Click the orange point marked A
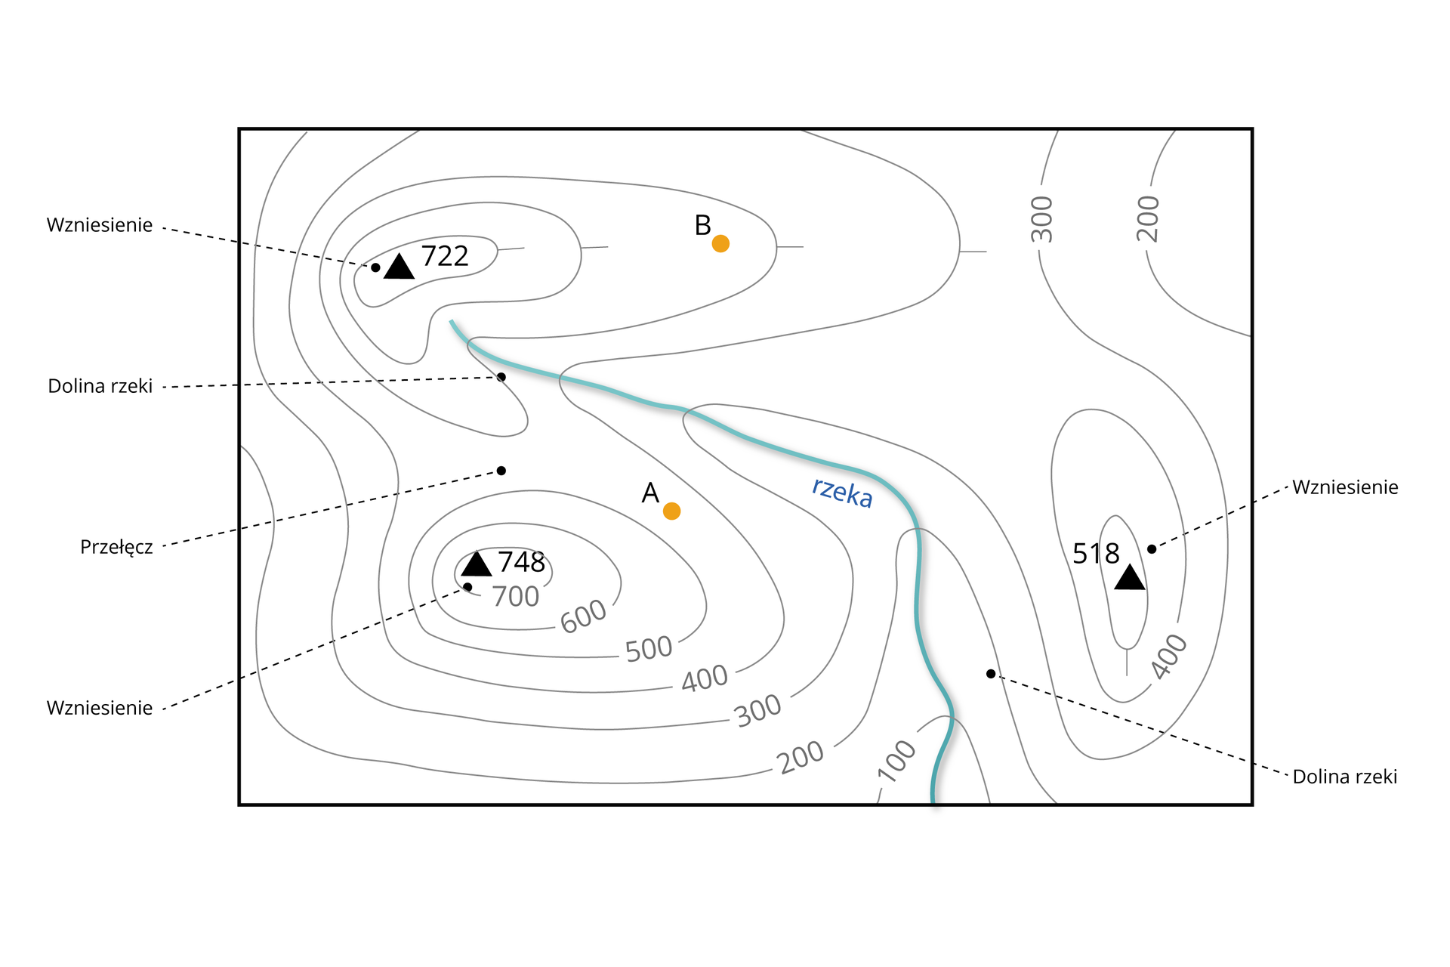671,511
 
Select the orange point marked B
720,243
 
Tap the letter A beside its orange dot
650,493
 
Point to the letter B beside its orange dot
702,225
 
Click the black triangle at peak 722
399,267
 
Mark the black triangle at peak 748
477,564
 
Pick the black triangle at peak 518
1129,578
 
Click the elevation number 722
445,256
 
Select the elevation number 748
521,562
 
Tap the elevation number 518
1096,554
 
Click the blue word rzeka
842,493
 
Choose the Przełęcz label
116,547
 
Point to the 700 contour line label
516,597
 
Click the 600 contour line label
583,616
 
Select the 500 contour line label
649,649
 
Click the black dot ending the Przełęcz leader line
501,471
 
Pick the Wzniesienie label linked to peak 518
1345,487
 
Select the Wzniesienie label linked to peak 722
100,225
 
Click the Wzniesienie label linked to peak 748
100,708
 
